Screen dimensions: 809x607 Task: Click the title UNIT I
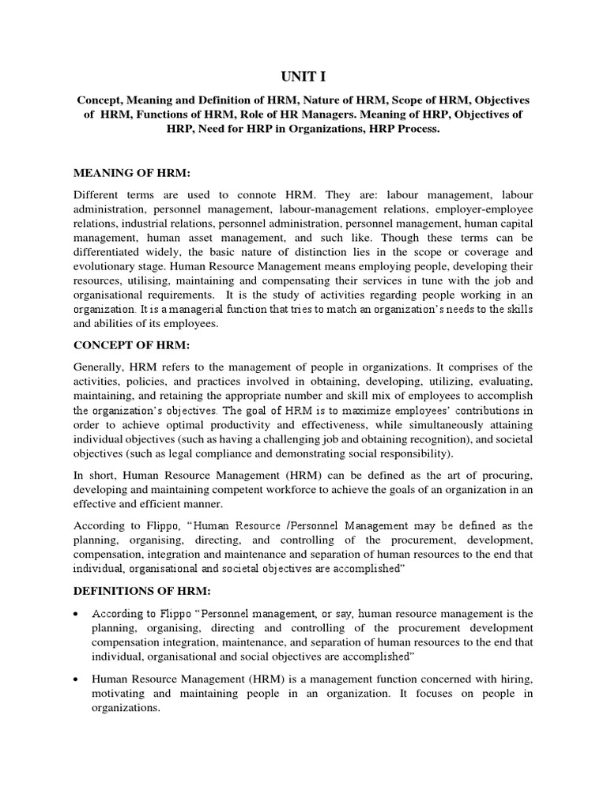pos(303,77)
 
